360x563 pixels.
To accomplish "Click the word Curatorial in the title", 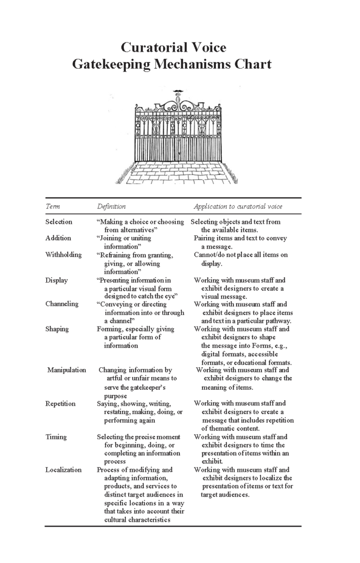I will click(148, 47).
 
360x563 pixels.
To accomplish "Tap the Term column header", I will click(53, 206).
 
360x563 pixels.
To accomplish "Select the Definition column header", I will click(112, 206).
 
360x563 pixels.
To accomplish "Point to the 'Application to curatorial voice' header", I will click(238, 206).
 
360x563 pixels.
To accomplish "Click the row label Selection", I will click(59, 222).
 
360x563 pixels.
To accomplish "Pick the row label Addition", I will click(58, 238).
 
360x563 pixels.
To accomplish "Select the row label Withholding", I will click(64, 255).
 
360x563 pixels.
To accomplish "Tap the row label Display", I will click(57, 280).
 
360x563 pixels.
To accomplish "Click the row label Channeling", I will click(62, 303).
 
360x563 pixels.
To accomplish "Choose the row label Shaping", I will click(57, 329).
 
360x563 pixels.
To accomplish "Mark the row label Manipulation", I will click(67, 370).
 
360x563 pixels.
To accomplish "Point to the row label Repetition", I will click(60, 404).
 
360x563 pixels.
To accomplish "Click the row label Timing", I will click(56, 437).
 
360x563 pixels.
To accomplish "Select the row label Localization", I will click(63, 470).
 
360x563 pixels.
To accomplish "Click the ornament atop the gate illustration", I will click(177, 93).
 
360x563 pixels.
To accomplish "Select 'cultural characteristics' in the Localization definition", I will click(137, 520).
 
